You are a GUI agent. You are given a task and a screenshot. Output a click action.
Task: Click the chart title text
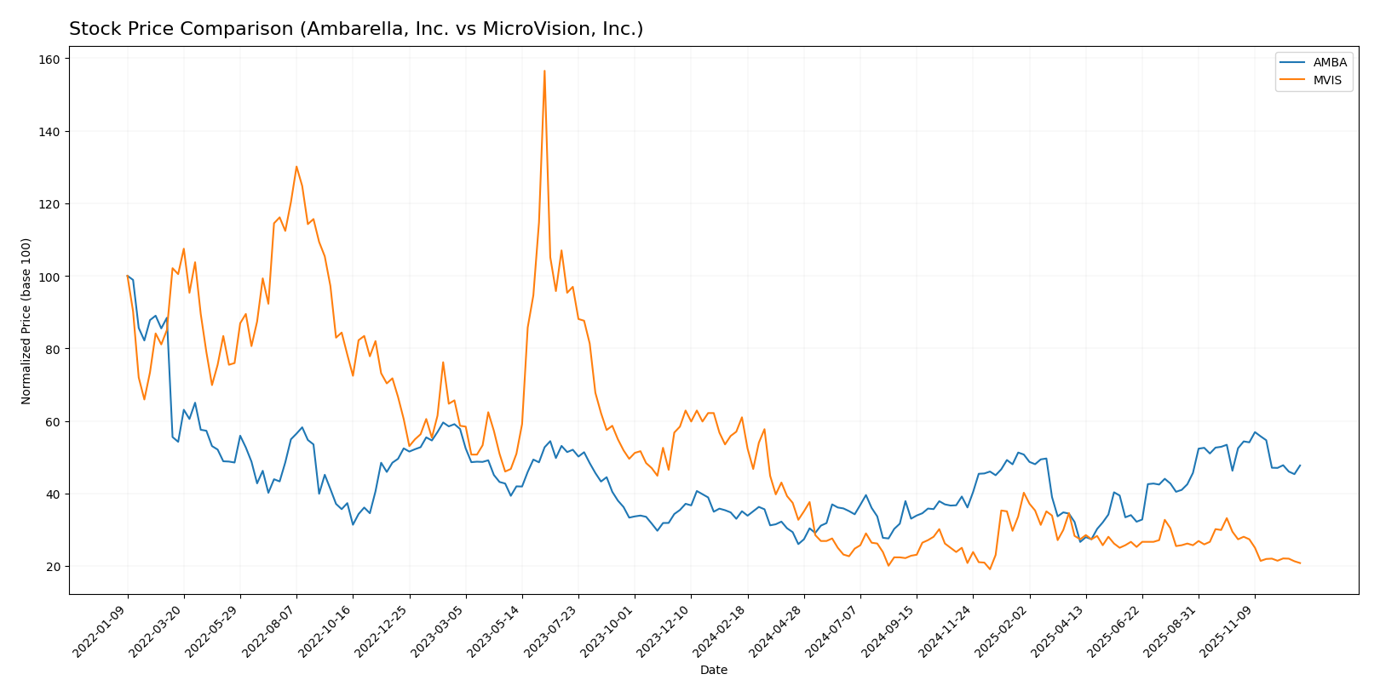click(356, 29)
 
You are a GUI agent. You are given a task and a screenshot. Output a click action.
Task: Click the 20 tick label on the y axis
click(52, 567)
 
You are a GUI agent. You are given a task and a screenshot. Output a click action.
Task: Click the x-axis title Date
click(713, 671)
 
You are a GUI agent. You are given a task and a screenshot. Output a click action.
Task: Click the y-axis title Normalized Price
click(26, 321)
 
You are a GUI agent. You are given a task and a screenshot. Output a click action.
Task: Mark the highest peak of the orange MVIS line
click(544, 71)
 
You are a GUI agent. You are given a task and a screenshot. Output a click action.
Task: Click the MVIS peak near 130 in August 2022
click(296, 167)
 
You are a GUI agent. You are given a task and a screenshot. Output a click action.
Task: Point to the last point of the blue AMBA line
click(1300, 466)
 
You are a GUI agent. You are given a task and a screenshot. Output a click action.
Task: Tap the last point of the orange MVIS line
click(1300, 563)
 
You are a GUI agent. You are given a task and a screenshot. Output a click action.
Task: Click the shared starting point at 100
click(128, 277)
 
